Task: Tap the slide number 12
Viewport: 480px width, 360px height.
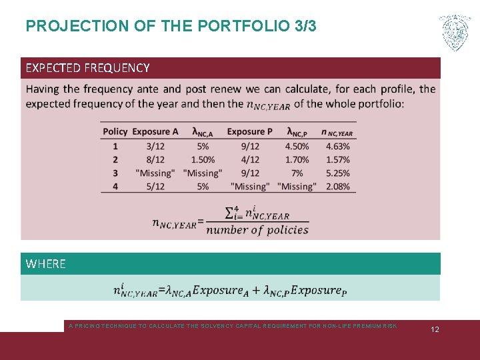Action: [434, 330]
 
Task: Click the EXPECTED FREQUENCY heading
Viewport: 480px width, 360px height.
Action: [87, 68]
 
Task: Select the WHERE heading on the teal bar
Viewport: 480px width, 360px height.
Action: [45, 264]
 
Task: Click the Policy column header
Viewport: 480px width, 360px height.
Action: [115, 131]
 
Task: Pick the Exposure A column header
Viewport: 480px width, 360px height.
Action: [155, 131]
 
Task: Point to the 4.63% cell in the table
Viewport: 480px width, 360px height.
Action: [338, 146]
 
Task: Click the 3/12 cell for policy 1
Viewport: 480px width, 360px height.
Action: [155, 146]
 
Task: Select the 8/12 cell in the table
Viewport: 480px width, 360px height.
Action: [155, 159]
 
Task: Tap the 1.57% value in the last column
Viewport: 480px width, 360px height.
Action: [338, 159]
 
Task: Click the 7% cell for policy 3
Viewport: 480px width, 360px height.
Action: [297, 173]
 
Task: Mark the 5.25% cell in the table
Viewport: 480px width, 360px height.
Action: [338, 173]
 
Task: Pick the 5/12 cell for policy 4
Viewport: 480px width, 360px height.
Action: [155, 187]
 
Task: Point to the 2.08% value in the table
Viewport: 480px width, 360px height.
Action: [338, 187]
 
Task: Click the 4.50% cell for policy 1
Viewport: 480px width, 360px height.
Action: [297, 146]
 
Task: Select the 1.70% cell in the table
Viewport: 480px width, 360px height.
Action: [297, 159]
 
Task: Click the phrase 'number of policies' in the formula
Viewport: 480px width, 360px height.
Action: [257, 230]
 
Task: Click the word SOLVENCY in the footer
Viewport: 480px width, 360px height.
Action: [235, 326]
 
